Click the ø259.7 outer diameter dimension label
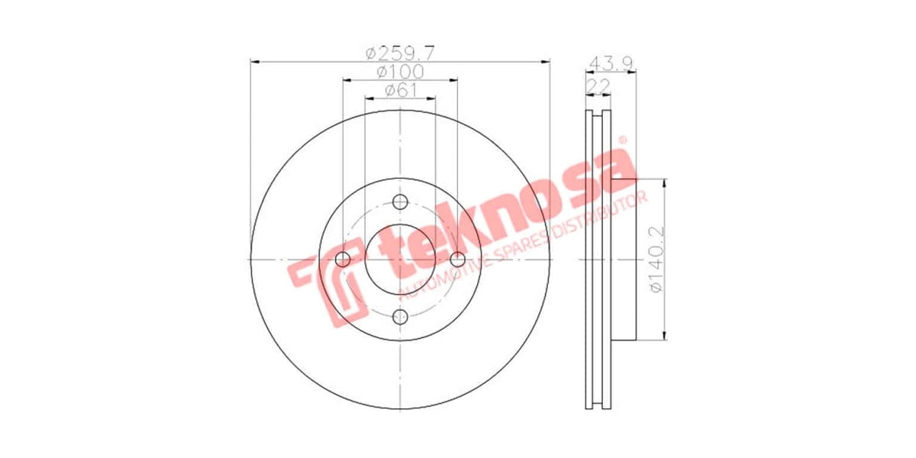pyautogui.click(x=400, y=53)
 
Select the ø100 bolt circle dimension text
pyautogui.click(x=400, y=72)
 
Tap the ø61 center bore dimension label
pyautogui.click(x=400, y=90)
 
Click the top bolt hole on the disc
pyautogui.click(x=400, y=202)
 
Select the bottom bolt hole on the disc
pyautogui.click(x=400, y=317)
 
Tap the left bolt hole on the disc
pyautogui.click(x=343, y=260)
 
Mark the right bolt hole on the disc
pyautogui.click(x=457, y=260)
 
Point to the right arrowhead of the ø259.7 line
pyautogui.click(x=546, y=61)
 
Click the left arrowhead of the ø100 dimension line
pyautogui.click(x=347, y=79)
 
